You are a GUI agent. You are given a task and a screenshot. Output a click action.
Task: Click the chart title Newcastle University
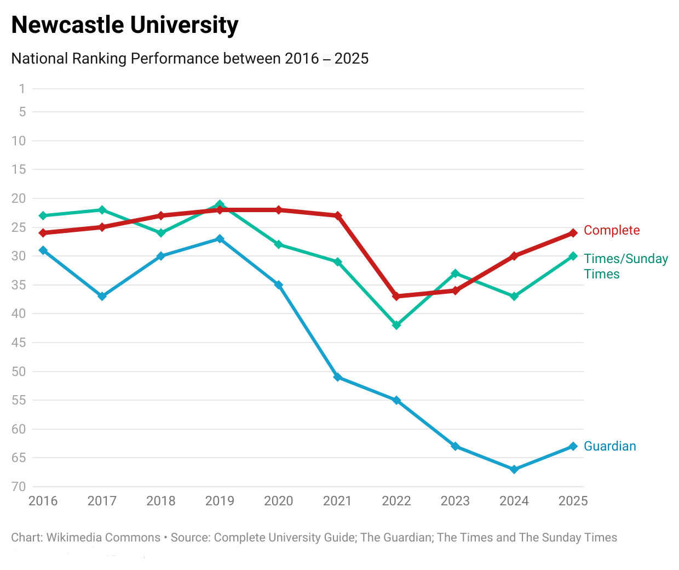click(125, 25)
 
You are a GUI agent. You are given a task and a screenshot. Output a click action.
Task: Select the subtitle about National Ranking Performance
click(189, 59)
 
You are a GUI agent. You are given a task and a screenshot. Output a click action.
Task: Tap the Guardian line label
click(609, 446)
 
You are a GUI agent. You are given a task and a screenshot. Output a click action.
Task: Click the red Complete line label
click(611, 230)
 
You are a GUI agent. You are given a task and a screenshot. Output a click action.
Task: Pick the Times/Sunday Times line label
click(625, 266)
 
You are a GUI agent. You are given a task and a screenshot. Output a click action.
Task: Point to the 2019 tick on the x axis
click(220, 501)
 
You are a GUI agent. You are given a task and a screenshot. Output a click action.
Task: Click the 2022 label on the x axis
click(396, 501)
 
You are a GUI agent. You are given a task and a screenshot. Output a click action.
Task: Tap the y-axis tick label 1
click(22, 89)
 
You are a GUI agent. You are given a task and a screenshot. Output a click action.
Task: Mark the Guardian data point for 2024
click(514, 469)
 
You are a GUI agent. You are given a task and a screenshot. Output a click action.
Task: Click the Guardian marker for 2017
click(102, 297)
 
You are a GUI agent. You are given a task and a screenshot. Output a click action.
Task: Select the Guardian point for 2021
click(337, 377)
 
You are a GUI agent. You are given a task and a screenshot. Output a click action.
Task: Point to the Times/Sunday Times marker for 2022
click(396, 325)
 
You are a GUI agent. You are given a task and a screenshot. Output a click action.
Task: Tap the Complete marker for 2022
click(396, 297)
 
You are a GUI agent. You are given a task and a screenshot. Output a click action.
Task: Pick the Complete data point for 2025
click(573, 233)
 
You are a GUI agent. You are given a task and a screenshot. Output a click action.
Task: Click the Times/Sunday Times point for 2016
click(43, 215)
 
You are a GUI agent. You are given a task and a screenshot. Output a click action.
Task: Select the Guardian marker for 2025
click(573, 446)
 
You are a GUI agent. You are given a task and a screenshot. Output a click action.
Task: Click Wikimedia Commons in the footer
click(103, 538)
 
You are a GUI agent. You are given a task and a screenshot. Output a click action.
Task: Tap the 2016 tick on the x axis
click(43, 501)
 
